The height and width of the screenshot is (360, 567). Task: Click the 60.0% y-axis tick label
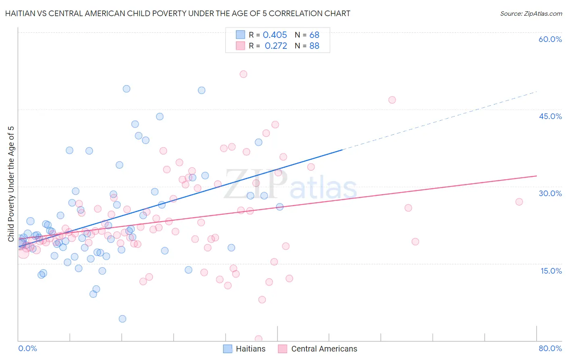pos(550,39)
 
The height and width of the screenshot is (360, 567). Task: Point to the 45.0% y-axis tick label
pos(550,116)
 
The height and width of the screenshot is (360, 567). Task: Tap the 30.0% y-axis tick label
pos(550,193)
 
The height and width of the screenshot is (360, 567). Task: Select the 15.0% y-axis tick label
pos(551,271)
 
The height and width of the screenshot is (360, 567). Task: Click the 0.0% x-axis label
pos(27,348)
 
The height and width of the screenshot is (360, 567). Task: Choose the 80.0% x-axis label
pos(550,348)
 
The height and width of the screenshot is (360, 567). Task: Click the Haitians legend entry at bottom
pos(244,349)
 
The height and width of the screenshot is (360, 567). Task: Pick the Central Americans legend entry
pos(318,349)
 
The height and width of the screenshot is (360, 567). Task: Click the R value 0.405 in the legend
pos(275,35)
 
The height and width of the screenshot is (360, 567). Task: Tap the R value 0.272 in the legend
pos(276,46)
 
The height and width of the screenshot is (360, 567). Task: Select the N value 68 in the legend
pos(314,35)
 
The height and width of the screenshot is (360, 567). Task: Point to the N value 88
pos(314,46)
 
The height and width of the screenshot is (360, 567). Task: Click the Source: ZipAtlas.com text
pos(531,14)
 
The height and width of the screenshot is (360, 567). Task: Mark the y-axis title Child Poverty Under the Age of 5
pos(11,184)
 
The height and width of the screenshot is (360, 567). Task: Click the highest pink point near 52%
pos(243,74)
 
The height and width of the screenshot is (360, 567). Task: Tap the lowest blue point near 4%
pos(123,319)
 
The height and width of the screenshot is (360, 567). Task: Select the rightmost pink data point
pos(519,202)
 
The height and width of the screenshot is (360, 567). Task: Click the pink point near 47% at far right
pos(392,100)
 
